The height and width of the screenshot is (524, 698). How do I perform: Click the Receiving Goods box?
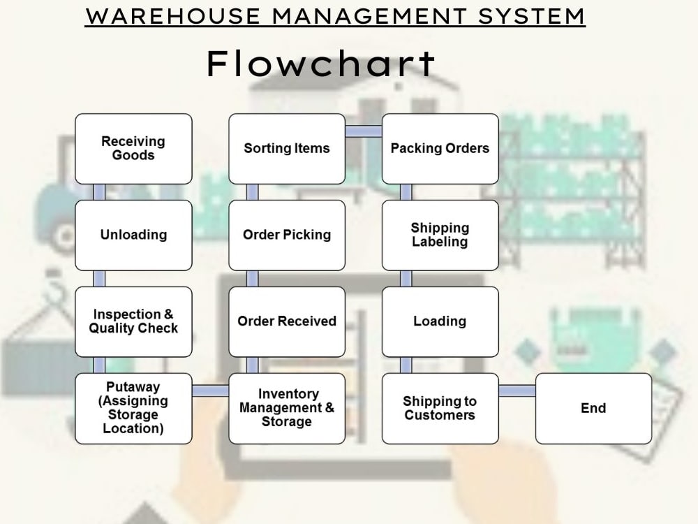[133, 149]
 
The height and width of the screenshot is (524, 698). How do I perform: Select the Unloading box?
[133, 235]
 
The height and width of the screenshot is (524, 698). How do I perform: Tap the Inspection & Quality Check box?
[133, 321]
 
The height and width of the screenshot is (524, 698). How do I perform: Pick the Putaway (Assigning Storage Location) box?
[133, 409]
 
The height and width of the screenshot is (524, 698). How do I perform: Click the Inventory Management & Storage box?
[287, 409]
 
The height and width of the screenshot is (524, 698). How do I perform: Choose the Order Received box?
[287, 321]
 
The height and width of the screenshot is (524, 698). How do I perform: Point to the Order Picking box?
[287, 235]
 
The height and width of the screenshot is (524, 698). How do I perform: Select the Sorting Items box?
[287, 149]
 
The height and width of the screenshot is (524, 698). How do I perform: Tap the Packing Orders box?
[440, 149]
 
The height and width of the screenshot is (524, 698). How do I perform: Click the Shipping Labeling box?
[440, 235]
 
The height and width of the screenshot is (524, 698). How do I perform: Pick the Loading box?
[440, 321]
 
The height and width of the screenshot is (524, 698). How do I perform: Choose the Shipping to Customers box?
[440, 409]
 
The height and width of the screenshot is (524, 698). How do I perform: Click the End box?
[593, 409]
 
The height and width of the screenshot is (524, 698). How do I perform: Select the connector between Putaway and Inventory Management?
[211, 391]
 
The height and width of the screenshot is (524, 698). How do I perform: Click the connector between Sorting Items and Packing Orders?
[364, 131]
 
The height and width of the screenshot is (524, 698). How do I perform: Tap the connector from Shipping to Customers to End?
[517, 391]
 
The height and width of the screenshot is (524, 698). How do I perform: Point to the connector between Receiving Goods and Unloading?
[99, 192]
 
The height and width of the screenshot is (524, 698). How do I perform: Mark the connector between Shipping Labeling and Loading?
[406, 279]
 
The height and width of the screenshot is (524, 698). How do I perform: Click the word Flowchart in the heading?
[321, 64]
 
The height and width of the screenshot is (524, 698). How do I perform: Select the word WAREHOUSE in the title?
[172, 17]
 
